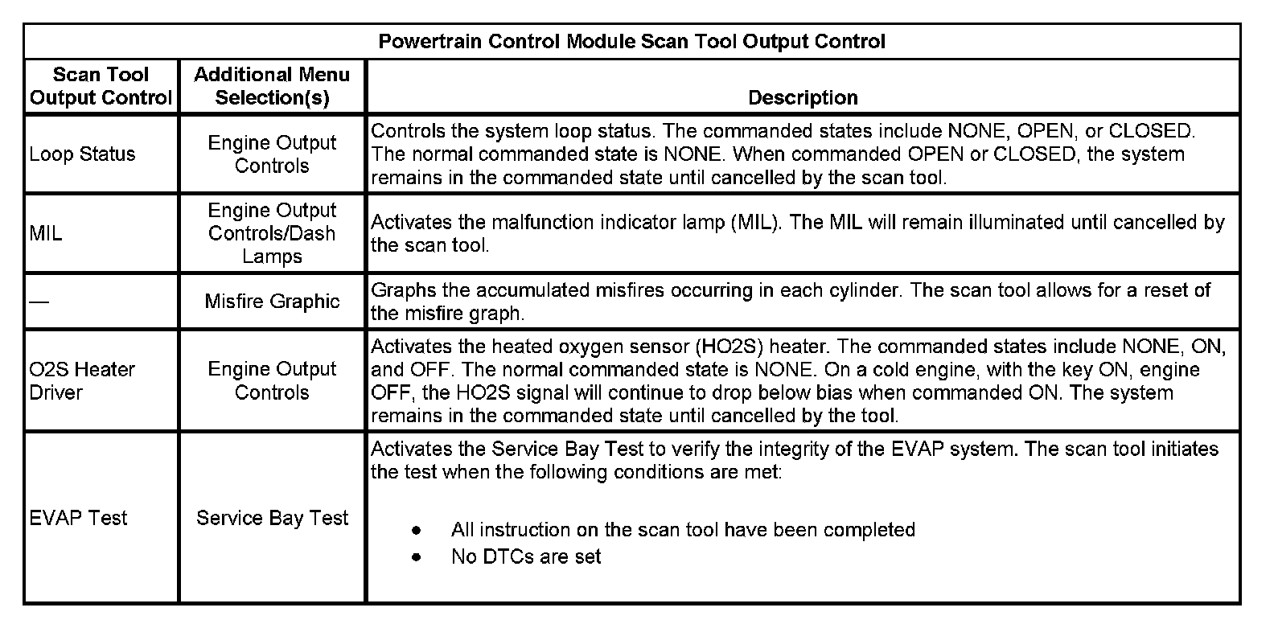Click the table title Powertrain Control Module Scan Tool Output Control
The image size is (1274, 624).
[x=631, y=42]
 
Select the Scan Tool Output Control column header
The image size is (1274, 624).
[x=101, y=86]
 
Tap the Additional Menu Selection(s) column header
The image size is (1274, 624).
[x=272, y=86]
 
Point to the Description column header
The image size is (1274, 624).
[x=803, y=97]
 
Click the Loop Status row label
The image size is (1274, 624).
[x=82, y=154]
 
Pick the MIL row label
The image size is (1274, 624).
[x=45, y=233]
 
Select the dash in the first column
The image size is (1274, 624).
[x=38, y=302]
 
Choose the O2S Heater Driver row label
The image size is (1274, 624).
[x=82, y=380]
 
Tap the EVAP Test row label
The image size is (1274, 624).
[x=78, y=518]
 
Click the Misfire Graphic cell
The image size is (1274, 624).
[x=272, y=302]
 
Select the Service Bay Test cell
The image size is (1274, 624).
[x=272, y=518]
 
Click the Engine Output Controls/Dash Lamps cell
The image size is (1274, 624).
[x=272, y=233]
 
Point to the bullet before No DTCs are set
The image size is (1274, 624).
[x=416, y=556]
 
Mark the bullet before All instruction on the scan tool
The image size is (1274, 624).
[x=416, y=530]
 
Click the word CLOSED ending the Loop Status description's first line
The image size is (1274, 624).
[x=1152, y=130]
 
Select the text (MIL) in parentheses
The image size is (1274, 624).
[x=756, y=222]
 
